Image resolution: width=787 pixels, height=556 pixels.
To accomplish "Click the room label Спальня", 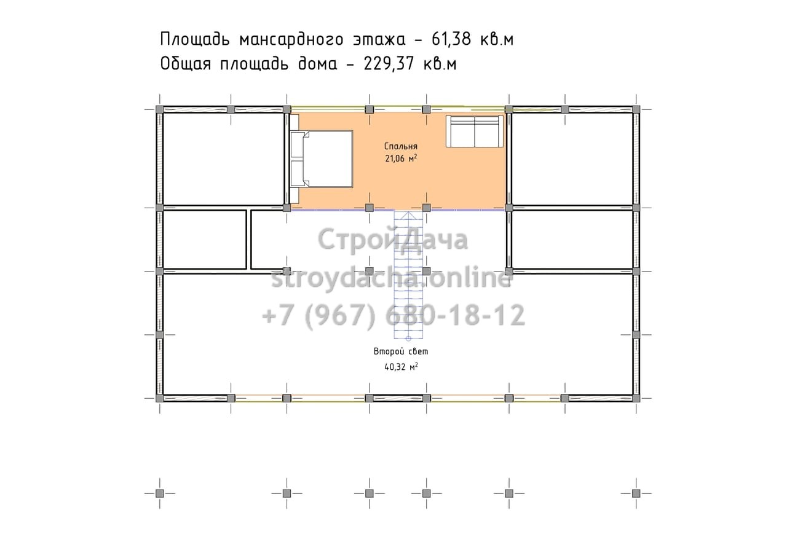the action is pyautogui.click(x=400, y=146).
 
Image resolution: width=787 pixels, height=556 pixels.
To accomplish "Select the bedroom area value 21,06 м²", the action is pyautogui.click(x=401, y=159).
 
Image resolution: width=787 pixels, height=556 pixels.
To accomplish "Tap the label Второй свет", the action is pyautogui.click(x=401, y=351).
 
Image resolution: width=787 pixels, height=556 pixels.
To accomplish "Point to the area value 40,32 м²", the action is pyautogui.click(x=401, y=367).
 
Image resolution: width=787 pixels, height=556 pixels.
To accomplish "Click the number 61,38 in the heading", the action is pyautogui.click(x=451, y=39).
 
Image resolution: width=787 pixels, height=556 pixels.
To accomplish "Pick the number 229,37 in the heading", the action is pyautogui.click(x=389, y=64).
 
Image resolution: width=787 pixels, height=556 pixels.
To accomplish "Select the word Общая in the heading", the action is pyautogui.click(x=186, y=64).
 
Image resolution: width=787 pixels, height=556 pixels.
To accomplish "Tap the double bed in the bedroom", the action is pyautogui.click(x=322, y=159).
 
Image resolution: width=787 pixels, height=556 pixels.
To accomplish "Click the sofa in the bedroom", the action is pyautogui.click(x=474, y=131).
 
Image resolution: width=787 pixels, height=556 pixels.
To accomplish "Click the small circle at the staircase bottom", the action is pyautogui.click(x=408, y=339).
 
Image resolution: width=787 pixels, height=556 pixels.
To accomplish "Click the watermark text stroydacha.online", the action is pyautogui.click(x=392, y=279).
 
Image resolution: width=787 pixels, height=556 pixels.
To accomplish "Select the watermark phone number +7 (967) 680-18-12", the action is pyautogui.click(x=393, y=316).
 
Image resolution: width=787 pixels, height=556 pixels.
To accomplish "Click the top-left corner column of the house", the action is pyautogui.click(x=159, y=109).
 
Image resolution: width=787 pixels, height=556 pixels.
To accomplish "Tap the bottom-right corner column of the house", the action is pyautogui.click(x=636, y=398).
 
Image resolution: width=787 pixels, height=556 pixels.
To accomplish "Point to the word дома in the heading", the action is pyautogui.click(x=318, y=65).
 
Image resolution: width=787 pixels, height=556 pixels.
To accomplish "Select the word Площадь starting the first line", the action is pyautogui.click(x=195, y=39).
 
